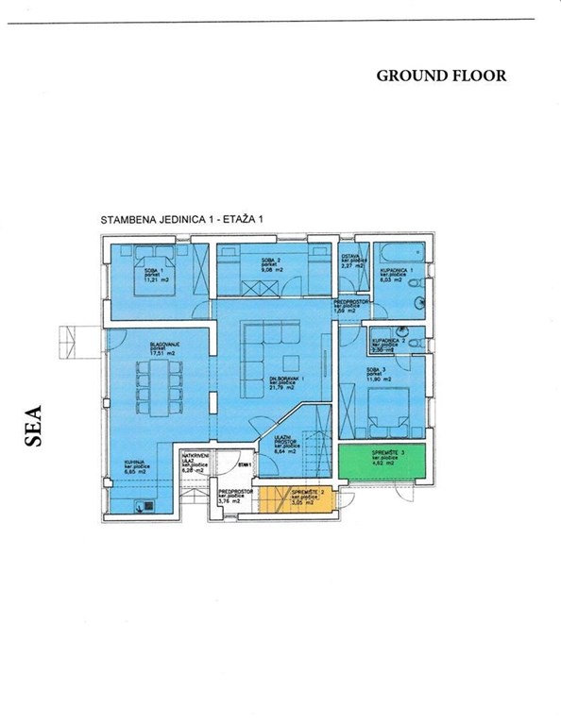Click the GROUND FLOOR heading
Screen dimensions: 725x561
(441, 76)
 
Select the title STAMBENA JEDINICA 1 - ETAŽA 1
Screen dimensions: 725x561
(182, 218)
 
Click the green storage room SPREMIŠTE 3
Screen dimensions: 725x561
(382, 462)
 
